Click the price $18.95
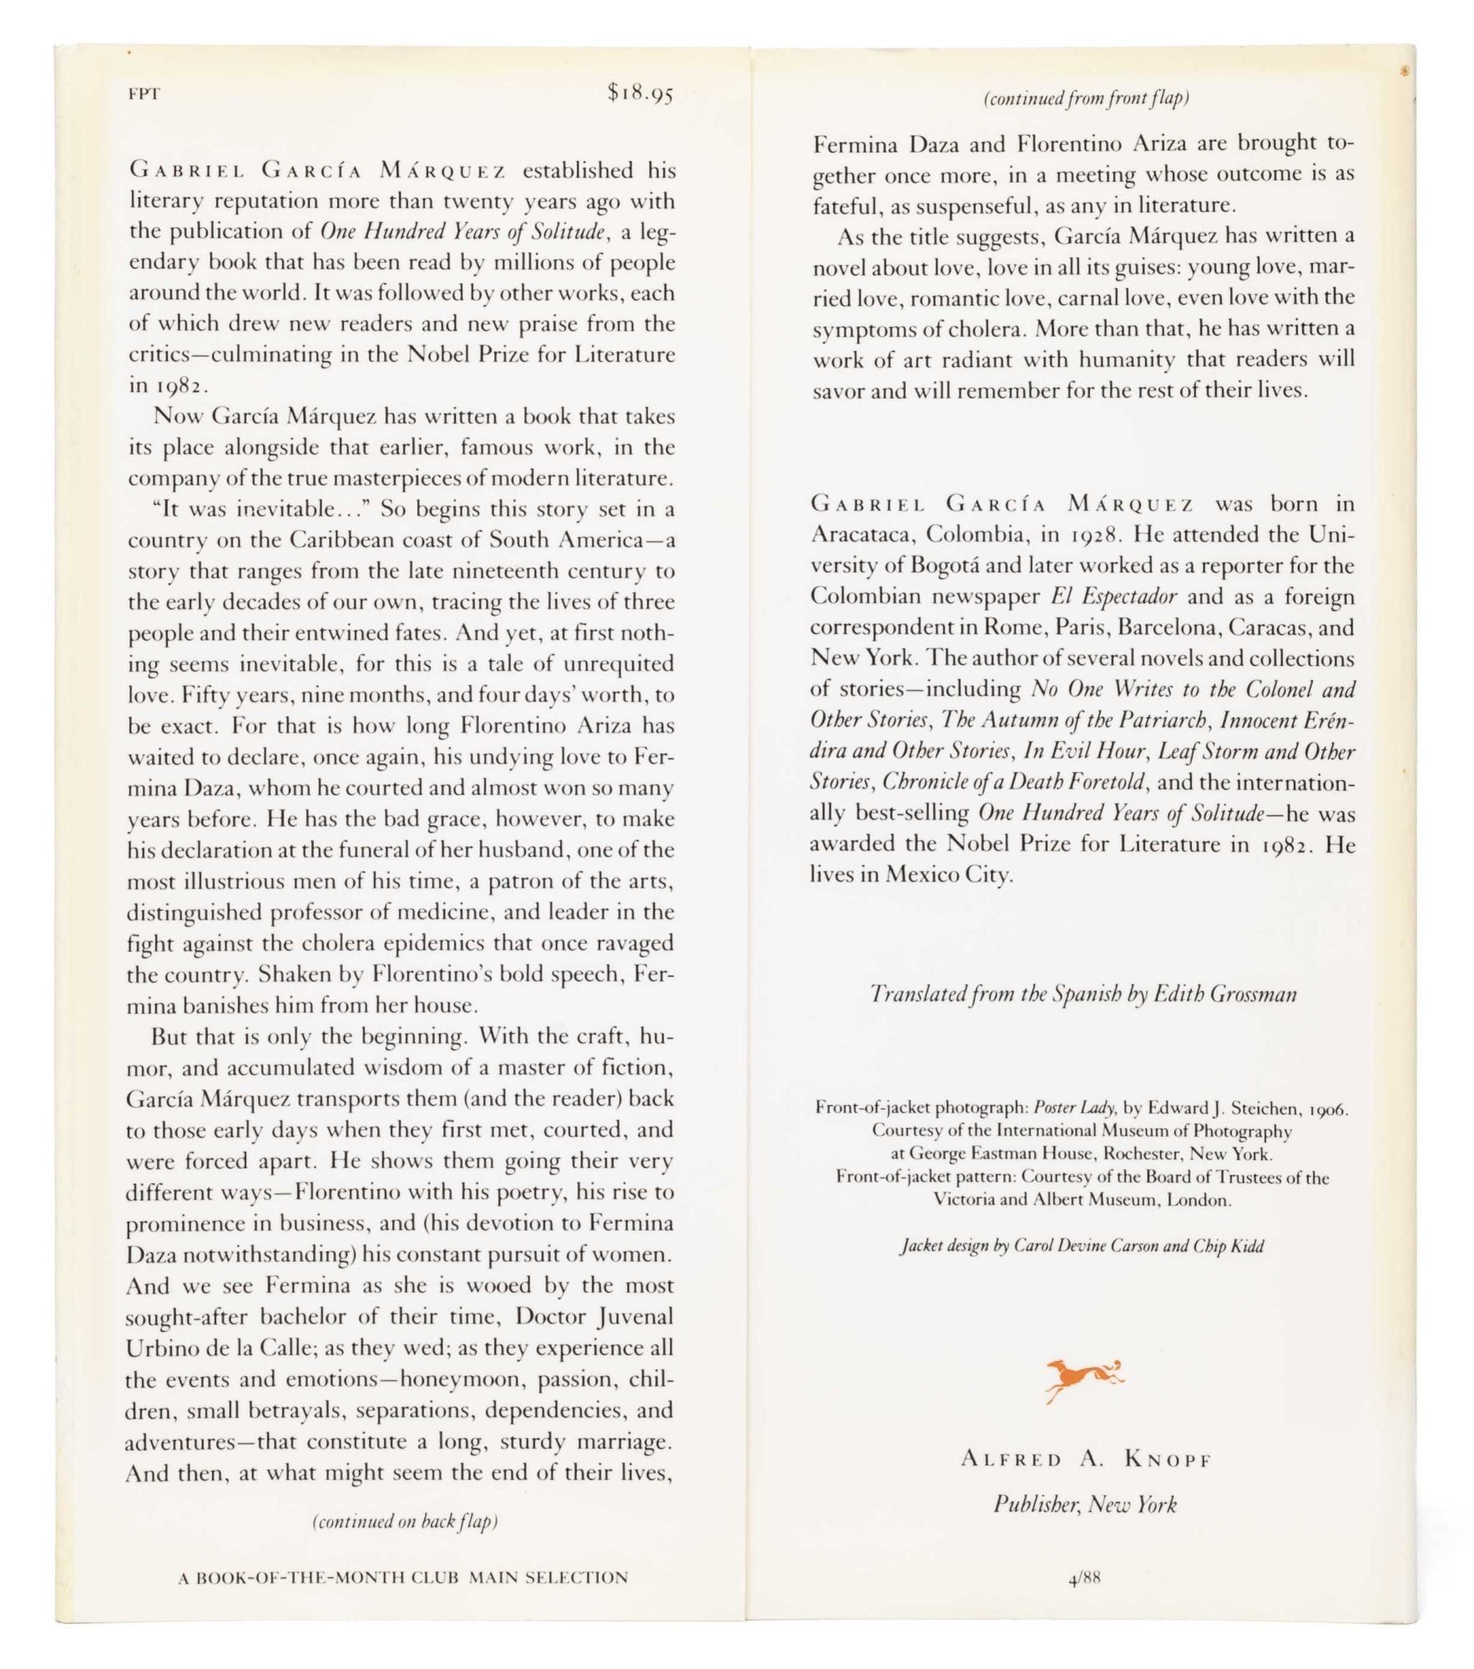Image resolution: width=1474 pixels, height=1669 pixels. (x=640, y=93)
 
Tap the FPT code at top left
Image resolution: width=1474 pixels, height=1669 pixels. (x=144, y=94)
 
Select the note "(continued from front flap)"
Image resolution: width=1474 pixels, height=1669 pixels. (x=1086, y=98)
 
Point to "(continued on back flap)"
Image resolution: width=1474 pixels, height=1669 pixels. (x=405, y=1520)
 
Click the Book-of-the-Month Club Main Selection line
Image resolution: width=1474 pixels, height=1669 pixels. (x=403, y=1577)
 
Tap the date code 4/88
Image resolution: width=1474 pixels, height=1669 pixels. (x=1084, y=1578)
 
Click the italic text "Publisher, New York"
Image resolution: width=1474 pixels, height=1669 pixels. (x=1084, y=1505)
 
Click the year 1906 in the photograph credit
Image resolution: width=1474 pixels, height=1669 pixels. (x=1325, y=1109)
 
